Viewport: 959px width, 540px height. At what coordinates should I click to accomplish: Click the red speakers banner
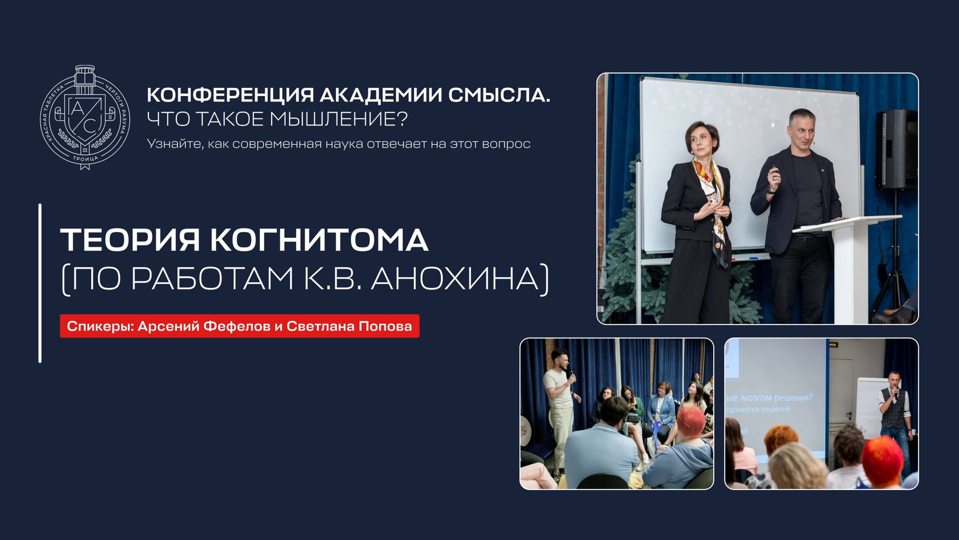[239, 326]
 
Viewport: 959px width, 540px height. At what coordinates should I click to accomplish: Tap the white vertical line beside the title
[40, 282]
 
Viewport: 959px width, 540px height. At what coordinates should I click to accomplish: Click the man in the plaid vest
[894, 410]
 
